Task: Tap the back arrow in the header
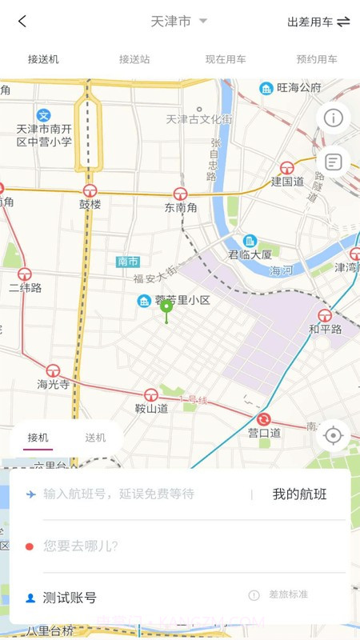pyautogui.click(x=22, y=22)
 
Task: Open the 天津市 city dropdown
pyautogui.click(x=178, y=22)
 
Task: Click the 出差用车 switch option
pyautogui.click(x=318, y=22)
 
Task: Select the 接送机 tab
pyautogui.click(x=43, y=59)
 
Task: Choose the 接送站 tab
pyautogui.click(x=134, y=59)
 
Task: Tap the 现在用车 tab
pyautogui.click(x=226, y=59)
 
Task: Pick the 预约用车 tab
pyautogui.click(x=317, y=59)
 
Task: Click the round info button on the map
pyautogui.click(x=334, y=118)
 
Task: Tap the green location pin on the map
pyautogui.click(x=166, y=308)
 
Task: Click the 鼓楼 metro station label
pyautogui.click(x=90, y=204)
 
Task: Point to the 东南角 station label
pyautogui.click(x=180, y=207)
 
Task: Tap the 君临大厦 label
pyautogui.click(x=250, y=254)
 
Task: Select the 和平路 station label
pyautogui.click(x=325, y=329)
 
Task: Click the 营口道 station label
pyautogui.click(x=264, y=433)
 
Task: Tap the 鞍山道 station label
pyautogui.click(x=151, y=408)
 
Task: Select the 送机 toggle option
pyautogui.click(x=95, y=438)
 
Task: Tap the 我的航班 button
pyautogui.click(x=299, y=494)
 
